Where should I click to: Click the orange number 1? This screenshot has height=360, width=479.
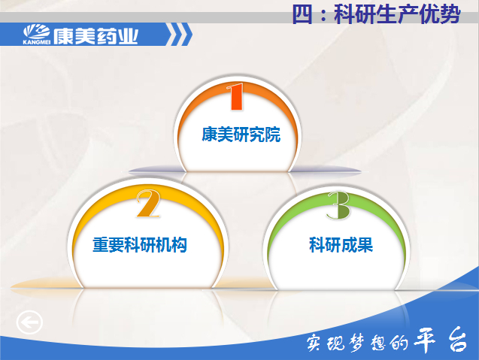point(236,96)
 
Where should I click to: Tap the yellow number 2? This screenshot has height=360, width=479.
point(148,204)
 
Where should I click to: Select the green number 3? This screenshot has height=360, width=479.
point(338,205)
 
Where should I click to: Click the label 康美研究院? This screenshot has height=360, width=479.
point(241,135)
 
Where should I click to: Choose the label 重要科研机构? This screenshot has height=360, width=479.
point(140,245)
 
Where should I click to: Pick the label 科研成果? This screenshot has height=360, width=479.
point(341,245)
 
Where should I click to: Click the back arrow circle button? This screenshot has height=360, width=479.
point(29,322)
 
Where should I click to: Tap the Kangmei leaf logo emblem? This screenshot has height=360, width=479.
point(37,32)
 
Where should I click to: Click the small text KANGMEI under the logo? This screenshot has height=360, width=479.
point(36,42)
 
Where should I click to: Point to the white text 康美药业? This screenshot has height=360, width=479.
point(96,36)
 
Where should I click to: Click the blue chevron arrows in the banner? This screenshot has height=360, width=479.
point(180,35)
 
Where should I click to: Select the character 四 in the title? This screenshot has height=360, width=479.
point(302,14)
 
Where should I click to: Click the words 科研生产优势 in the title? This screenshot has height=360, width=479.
point(397,14)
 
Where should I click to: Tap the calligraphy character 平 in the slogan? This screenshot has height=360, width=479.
point(424,340)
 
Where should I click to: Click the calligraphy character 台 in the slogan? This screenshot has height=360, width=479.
point(457,339)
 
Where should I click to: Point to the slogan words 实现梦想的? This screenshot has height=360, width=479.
point(357,342)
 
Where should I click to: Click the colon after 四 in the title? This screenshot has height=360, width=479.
point(323,15)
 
